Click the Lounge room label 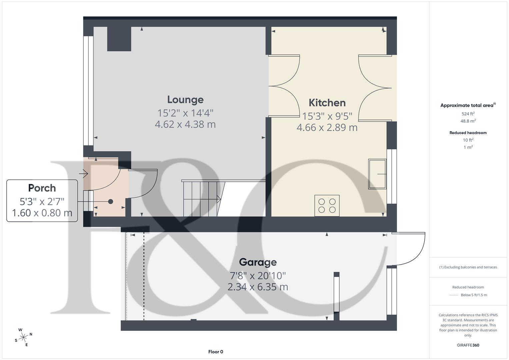tap(185, 100)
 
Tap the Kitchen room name tap(327, 103)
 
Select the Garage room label tap(258, 262)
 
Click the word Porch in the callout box tap(42, 188)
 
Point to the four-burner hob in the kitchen tap(327, 206)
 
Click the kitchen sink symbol tap(377, 174)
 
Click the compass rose tap(23, 337)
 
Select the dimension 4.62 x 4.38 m tap(185, 124)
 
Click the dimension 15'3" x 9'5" tap(327, 116)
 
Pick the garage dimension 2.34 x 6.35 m tap(258, 287)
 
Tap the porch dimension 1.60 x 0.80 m tap(42, 213)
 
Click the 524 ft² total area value tap(468, 114)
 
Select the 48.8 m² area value tap(468, 121)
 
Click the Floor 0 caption tap(216, 352)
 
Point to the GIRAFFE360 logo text tap(468, 345)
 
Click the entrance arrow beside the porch tap(83, 174)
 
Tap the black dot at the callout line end tap(111, 202)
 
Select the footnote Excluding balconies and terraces tap(468, 267)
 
